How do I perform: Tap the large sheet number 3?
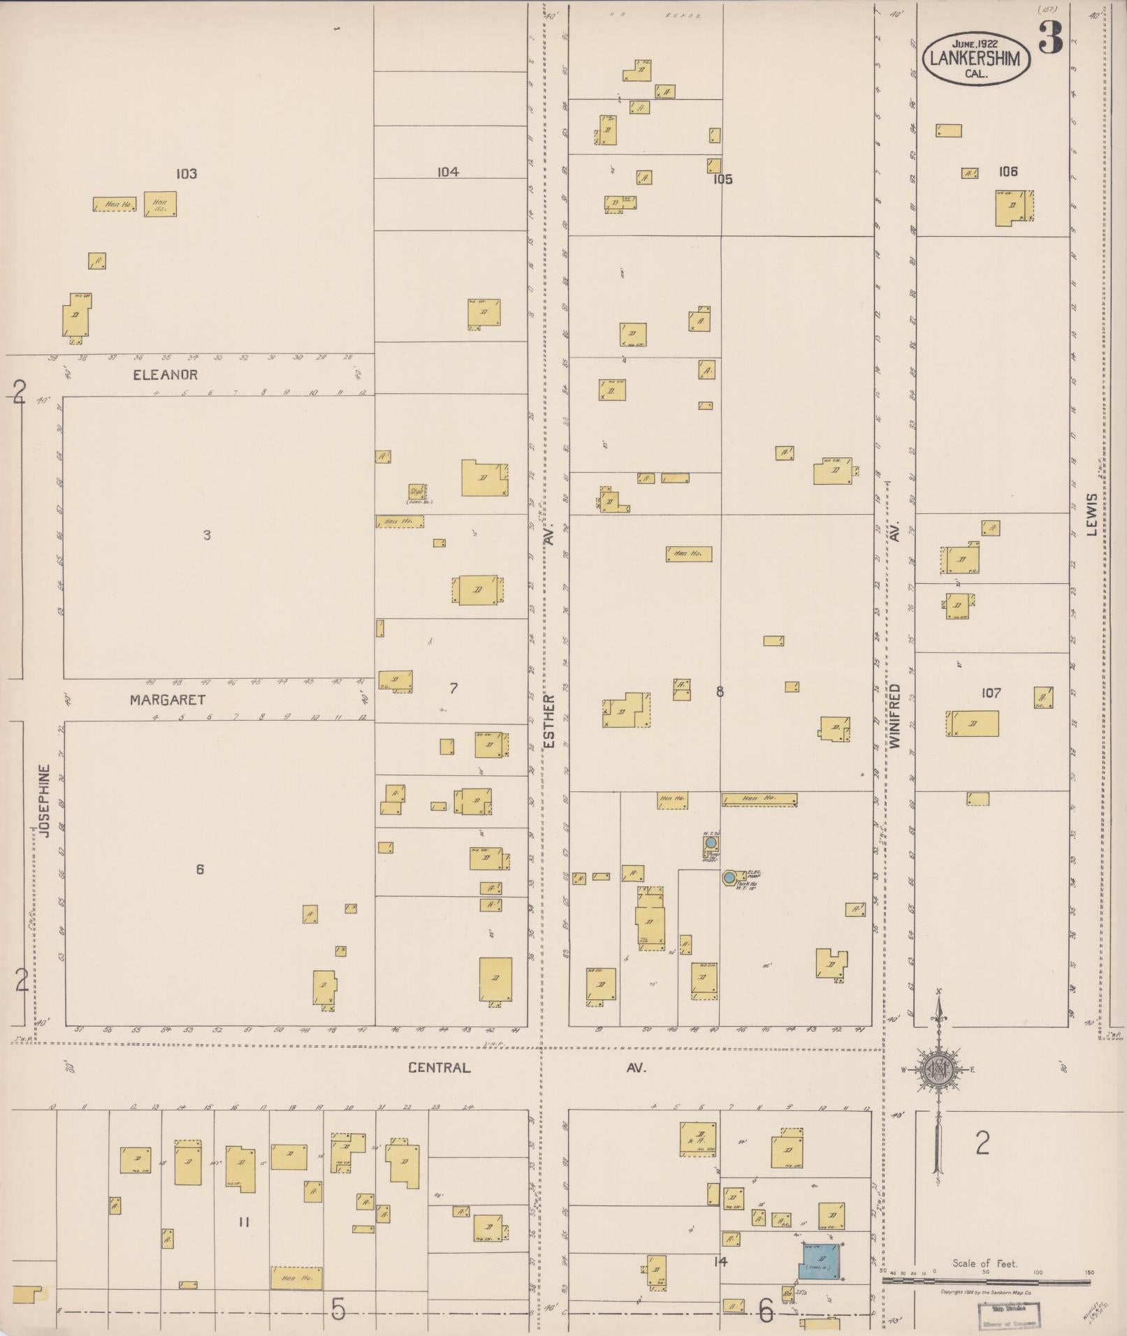click(1050, 38)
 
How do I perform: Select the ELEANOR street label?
click(166, 375)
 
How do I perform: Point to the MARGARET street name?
click(168, 699)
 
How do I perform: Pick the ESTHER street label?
click(549, 721)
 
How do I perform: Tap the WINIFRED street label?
click(895, 716)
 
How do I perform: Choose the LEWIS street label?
click(1092, 514)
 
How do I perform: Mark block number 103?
click(187, 174)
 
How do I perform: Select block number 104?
click(448, 172)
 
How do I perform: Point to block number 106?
click(1008, 171)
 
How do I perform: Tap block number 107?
click(991, 693)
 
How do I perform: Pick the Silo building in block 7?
click(418, 492)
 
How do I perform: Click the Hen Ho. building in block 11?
click(296, 1278)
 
